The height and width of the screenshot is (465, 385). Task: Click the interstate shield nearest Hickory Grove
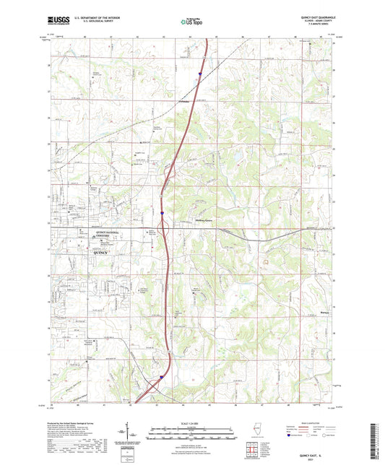click(163, 213)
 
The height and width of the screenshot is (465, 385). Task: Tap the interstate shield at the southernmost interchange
click(162, 376)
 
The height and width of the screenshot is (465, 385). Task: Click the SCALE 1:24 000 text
click(191, 422)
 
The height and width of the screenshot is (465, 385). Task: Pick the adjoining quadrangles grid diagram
click(252, 451)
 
